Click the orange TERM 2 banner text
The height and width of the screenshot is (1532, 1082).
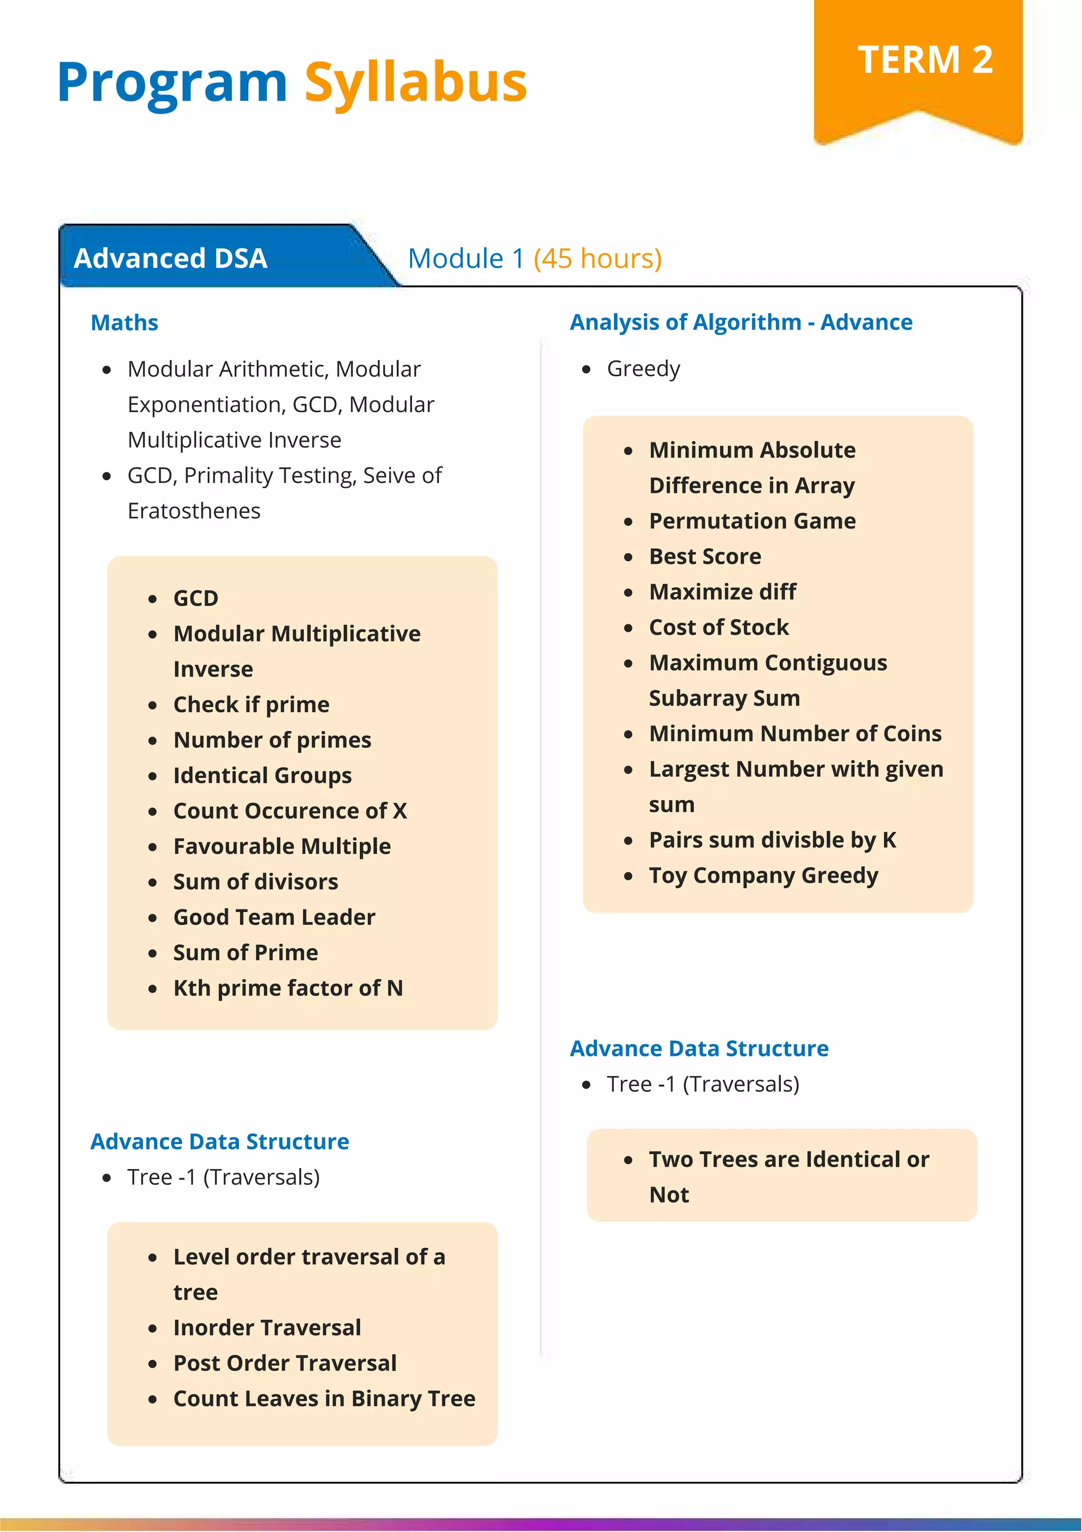coord(925,60)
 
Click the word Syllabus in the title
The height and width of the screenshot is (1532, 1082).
coord(416,83)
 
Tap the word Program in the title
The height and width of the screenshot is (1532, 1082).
coord(172,83)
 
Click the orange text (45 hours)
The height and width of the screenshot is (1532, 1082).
coord(597,258)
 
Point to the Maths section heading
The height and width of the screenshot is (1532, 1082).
coord(125,322)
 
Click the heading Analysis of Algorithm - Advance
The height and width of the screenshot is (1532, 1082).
coord(741,322)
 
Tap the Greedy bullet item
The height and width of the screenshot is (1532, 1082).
coord(643,368)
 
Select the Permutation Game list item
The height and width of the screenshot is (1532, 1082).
coord(752,521)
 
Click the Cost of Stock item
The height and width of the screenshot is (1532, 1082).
coord(719,627)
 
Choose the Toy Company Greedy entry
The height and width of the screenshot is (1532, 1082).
coord(763,875)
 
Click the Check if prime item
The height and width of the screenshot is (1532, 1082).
coord(251,704)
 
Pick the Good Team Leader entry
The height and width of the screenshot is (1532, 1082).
coord(274,917)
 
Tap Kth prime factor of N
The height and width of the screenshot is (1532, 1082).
coord(287,988)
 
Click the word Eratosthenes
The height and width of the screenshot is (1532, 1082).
coord(194,510)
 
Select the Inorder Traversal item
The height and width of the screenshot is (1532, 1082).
coord(267,1327)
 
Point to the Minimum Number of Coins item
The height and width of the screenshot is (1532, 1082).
coord(795,733)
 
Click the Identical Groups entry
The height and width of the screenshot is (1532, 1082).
coord(262,775)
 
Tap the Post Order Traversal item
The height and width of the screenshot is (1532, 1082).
coord(285,1362)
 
